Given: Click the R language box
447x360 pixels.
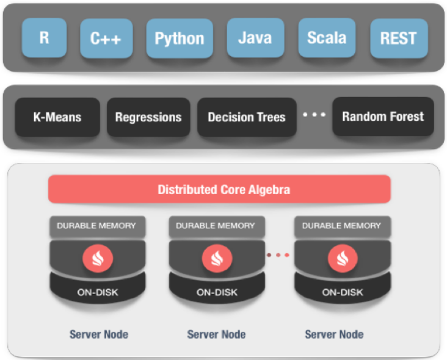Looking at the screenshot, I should (x=44, y=38).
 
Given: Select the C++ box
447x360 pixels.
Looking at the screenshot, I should (x=106, y=38).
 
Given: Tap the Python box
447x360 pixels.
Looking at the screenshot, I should (x=180, y=38).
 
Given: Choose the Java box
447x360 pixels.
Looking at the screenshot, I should (x=255, y=38).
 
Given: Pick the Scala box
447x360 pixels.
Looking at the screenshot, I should (x=327, y=38).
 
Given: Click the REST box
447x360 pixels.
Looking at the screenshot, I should (x=399, y=38).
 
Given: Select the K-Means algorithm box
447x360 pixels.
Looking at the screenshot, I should (x=57, y=117).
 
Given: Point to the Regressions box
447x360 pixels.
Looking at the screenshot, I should (x=148, y=117).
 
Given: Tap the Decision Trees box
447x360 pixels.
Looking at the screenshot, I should (x=247, y=117).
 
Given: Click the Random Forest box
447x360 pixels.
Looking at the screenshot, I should (x=383, y=116).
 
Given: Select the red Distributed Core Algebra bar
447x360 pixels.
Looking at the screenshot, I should (x=219, y=189).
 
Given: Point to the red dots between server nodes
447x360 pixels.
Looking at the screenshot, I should (x=278, y=255).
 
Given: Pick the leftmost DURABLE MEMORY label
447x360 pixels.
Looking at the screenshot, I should (x=97, y=226).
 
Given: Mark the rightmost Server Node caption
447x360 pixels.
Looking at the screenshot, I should (x=334, y=334).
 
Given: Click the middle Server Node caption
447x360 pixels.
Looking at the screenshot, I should (x=216, y=334).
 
